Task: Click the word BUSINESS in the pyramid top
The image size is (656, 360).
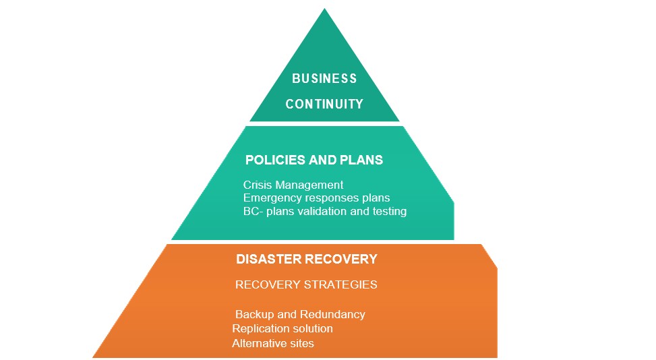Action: point(324,79)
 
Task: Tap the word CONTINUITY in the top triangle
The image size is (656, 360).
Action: point(324,104)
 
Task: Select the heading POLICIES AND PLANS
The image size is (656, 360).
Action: point(314,160)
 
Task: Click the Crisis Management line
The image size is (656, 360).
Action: point(293,185)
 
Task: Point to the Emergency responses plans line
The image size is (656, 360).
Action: point(316,198)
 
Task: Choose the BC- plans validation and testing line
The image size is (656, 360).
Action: point(325,211)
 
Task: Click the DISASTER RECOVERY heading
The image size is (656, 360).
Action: point(307,260)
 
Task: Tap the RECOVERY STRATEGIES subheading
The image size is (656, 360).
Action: point(306,284)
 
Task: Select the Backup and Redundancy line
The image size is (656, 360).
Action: point(300,315)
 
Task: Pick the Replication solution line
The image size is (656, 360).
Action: point(282,329)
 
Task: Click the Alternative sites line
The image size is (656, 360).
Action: point(273,344)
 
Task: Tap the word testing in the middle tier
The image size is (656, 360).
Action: point(388,211)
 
